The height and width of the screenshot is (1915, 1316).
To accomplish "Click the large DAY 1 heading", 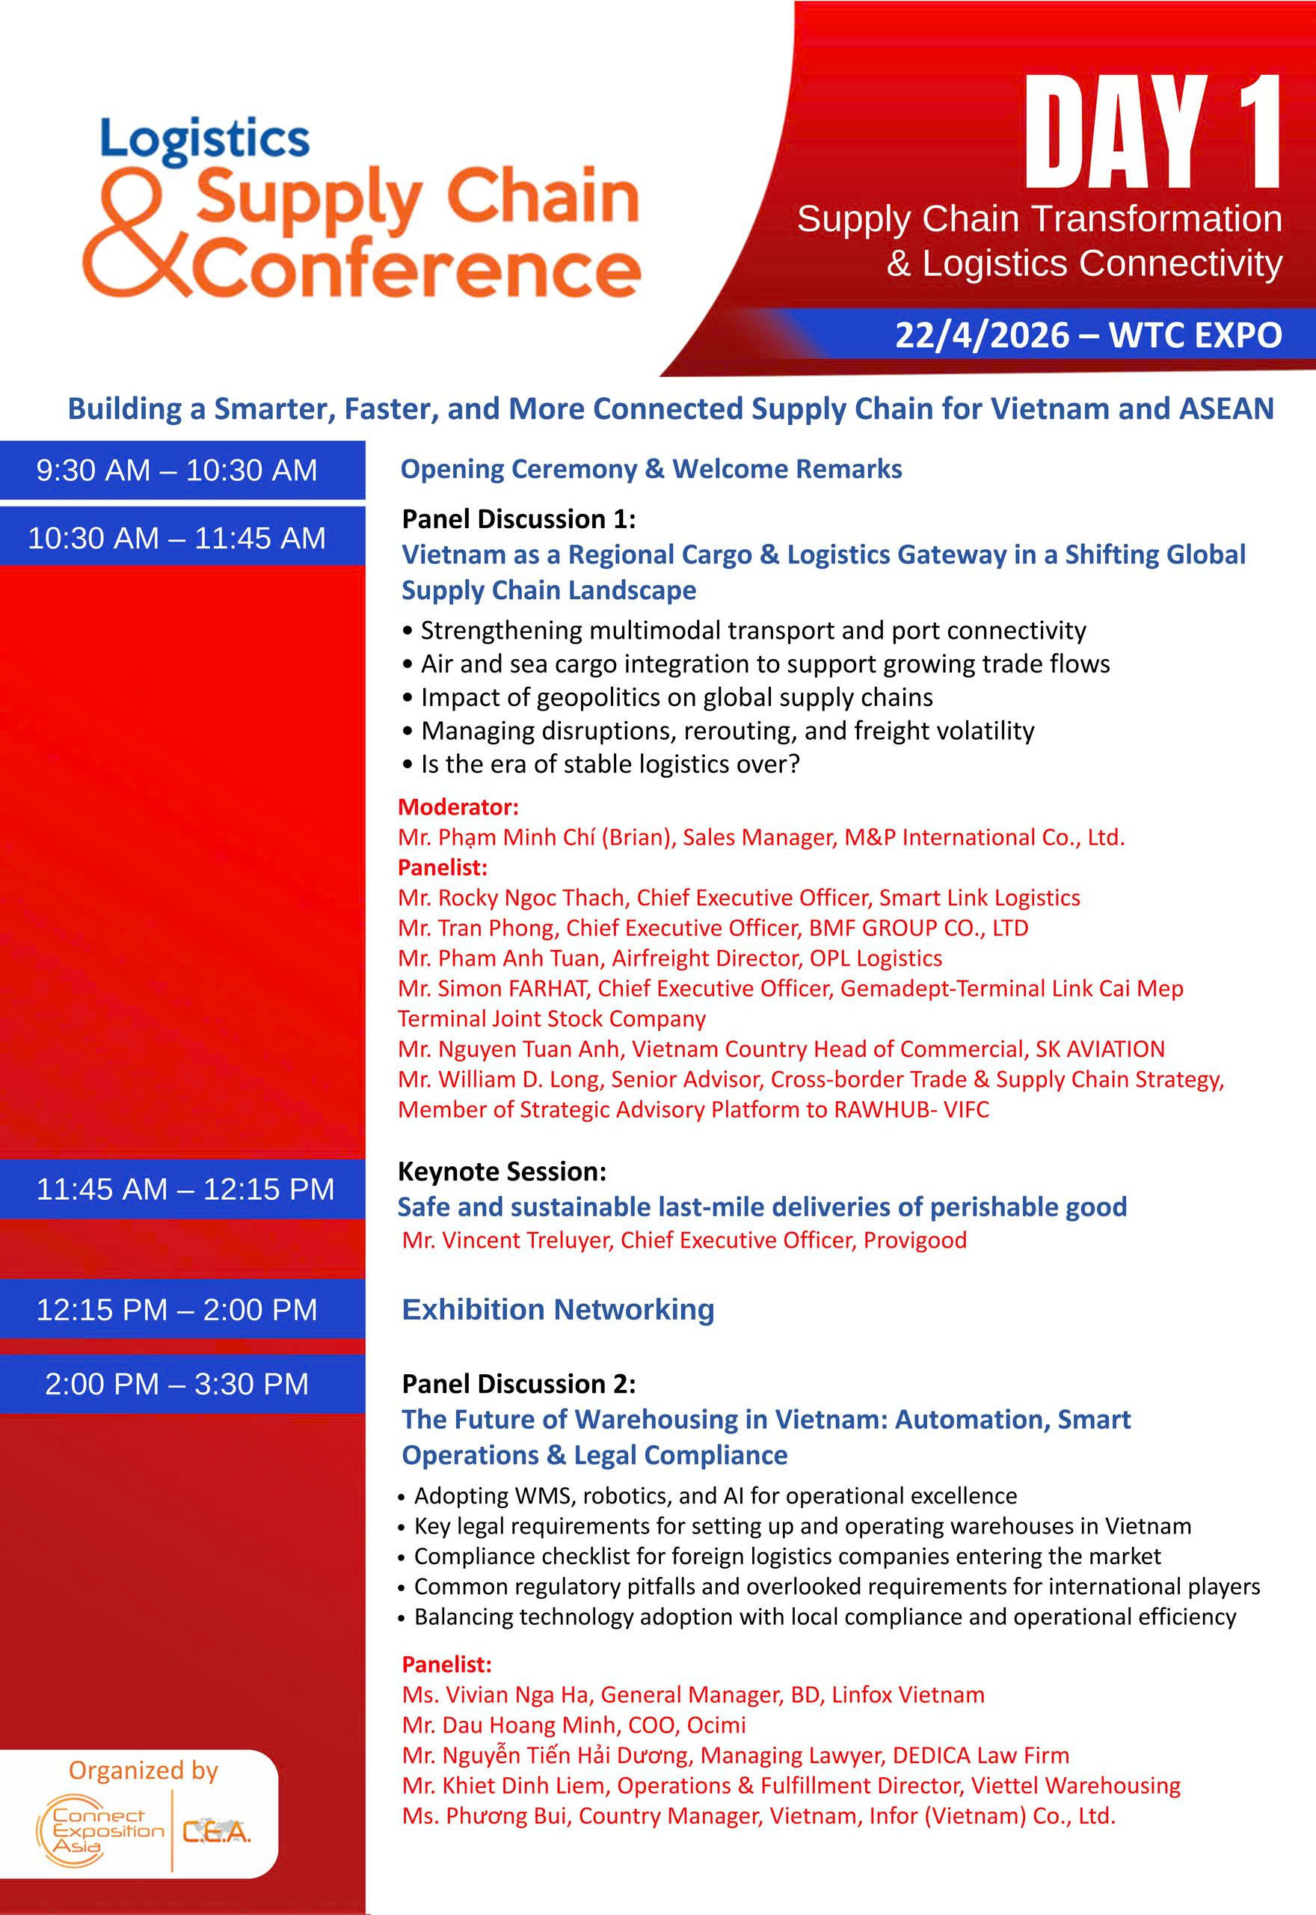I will click(1152, 132).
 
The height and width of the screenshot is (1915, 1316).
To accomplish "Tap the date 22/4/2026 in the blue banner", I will click(981, 336).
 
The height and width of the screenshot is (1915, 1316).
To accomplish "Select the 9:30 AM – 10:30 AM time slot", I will click(176, 470).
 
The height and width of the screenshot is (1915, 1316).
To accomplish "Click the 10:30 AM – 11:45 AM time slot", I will click(176, 538).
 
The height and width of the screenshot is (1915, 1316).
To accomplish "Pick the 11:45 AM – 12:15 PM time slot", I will click(185, 1189).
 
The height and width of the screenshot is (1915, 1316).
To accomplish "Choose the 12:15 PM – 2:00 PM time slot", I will click(176, 1309).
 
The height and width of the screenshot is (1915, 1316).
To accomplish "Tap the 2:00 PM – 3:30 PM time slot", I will click(176, 1383).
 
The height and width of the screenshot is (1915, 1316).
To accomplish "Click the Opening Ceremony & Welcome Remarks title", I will click(651, 468).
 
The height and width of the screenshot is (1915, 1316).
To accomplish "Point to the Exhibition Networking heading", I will click(557, 1309).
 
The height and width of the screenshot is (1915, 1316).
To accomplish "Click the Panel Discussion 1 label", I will click(518, 518).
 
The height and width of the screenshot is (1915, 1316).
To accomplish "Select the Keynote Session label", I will click(501, 1171).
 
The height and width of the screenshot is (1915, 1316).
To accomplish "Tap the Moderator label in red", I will click(458, 806).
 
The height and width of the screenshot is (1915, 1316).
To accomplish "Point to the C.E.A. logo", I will click(216, 1832).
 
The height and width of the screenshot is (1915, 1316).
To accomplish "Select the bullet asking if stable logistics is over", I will click(609, 764).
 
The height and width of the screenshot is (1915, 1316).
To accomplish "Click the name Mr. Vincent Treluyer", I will click(507, 1240).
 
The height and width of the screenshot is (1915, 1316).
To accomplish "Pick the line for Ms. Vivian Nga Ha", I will click(692, 1695).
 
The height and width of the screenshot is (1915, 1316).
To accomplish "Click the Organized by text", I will click(144, 1770).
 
